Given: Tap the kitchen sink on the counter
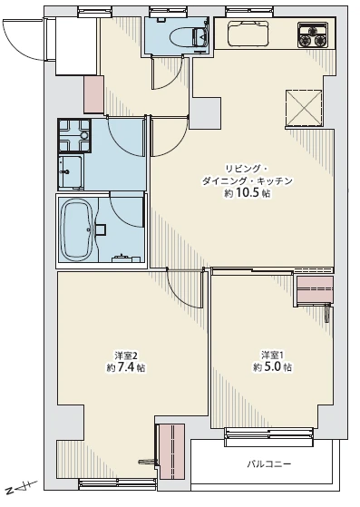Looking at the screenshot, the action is [x=248, y=34].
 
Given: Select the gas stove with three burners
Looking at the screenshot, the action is [x=313, y=35].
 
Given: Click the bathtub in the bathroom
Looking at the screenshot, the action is [x=78, y=229].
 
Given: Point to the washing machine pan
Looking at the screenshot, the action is [x=74, y=135].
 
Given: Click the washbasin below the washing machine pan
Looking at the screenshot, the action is [x=71, y=171].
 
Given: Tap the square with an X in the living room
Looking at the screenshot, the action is [x=304, y=108].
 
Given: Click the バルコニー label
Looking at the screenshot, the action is [x=269, y=464].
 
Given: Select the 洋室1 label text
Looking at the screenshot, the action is [x=272, y=355].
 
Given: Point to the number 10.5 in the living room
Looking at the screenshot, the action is [x=248, y=193].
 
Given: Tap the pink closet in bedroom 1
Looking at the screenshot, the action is [x=315, y=289].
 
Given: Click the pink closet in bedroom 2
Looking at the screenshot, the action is [x=172, y=452].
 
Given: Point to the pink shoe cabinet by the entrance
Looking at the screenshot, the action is [x=93, y=94].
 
